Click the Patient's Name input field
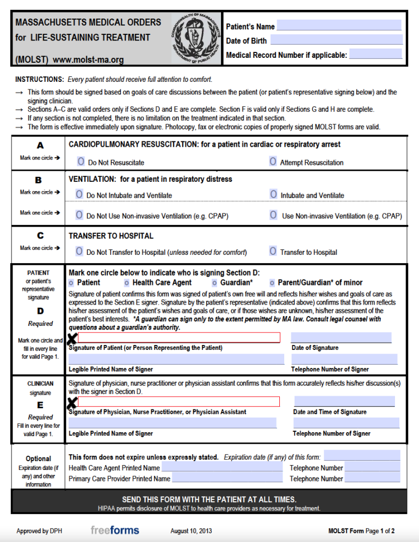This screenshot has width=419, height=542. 339,26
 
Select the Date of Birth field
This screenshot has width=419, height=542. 336,40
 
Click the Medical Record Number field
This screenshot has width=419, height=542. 375,55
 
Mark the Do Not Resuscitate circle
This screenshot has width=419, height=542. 81,162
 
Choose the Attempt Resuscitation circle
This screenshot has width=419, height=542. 273,162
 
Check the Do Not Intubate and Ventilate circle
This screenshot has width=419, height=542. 79,194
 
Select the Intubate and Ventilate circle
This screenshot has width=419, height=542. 273,194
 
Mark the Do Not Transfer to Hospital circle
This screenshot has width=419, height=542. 79,252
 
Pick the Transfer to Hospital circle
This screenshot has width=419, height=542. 273,252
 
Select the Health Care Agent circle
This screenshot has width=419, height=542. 127,283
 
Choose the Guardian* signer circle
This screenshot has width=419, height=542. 214,283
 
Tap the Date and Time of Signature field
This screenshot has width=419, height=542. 344,401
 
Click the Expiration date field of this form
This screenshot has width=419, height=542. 362,456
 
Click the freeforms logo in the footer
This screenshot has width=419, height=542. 115,530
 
